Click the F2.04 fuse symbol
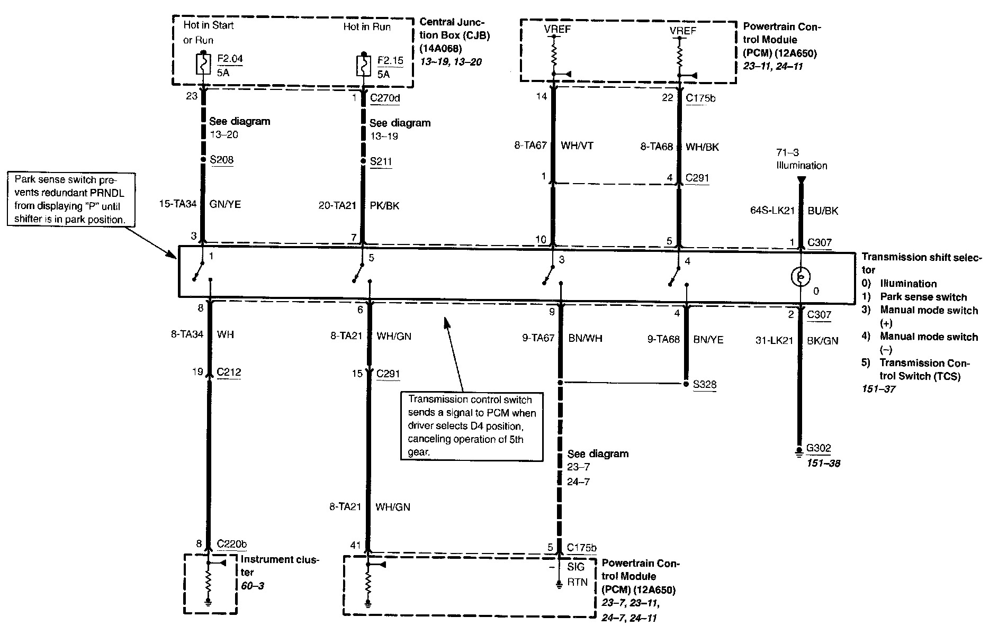click(203, 65)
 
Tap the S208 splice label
click(221, 160)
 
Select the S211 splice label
click(381, 161)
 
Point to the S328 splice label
click(705, 384)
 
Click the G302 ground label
click(819, 448)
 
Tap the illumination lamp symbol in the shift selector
click(801, 276)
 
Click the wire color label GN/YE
click(225, 204)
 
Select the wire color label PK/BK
click(385, 206)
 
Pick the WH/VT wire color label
click(577, 146)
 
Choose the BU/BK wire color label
click(823, 211)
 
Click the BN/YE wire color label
click(708, 340)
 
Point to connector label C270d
click(385, 98)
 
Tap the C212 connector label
click(229, 372)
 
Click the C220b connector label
click(232, 544)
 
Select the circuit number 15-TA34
click(178, 204)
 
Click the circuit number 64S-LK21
click(772, 211)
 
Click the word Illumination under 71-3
click(802, 166)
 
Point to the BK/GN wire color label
click(823, 341)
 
